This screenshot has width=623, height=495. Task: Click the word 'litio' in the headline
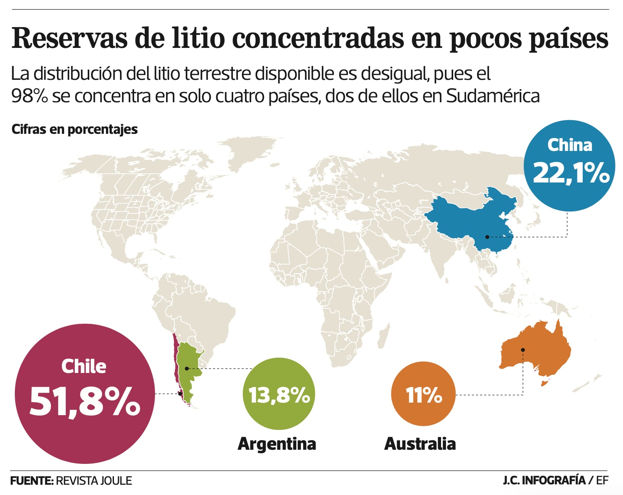198,38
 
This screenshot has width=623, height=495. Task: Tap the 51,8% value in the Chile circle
85,401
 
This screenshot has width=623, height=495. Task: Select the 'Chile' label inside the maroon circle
84,366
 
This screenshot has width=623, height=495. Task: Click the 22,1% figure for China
571,173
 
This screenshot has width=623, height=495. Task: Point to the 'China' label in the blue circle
569,145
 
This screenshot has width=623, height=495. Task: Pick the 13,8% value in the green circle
279,395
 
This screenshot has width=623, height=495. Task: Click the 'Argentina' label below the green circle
277,444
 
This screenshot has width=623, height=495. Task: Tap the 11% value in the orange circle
424,395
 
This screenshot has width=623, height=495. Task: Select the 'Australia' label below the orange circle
420,444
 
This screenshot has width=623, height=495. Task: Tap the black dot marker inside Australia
523,350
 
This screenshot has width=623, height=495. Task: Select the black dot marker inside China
487,237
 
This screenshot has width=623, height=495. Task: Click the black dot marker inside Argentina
187,368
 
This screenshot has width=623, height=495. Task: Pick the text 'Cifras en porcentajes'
74,129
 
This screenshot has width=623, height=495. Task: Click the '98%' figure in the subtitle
29,96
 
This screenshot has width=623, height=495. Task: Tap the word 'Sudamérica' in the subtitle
493,96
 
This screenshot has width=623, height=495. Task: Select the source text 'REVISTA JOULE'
94,481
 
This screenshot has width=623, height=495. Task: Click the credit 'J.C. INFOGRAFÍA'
544,480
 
